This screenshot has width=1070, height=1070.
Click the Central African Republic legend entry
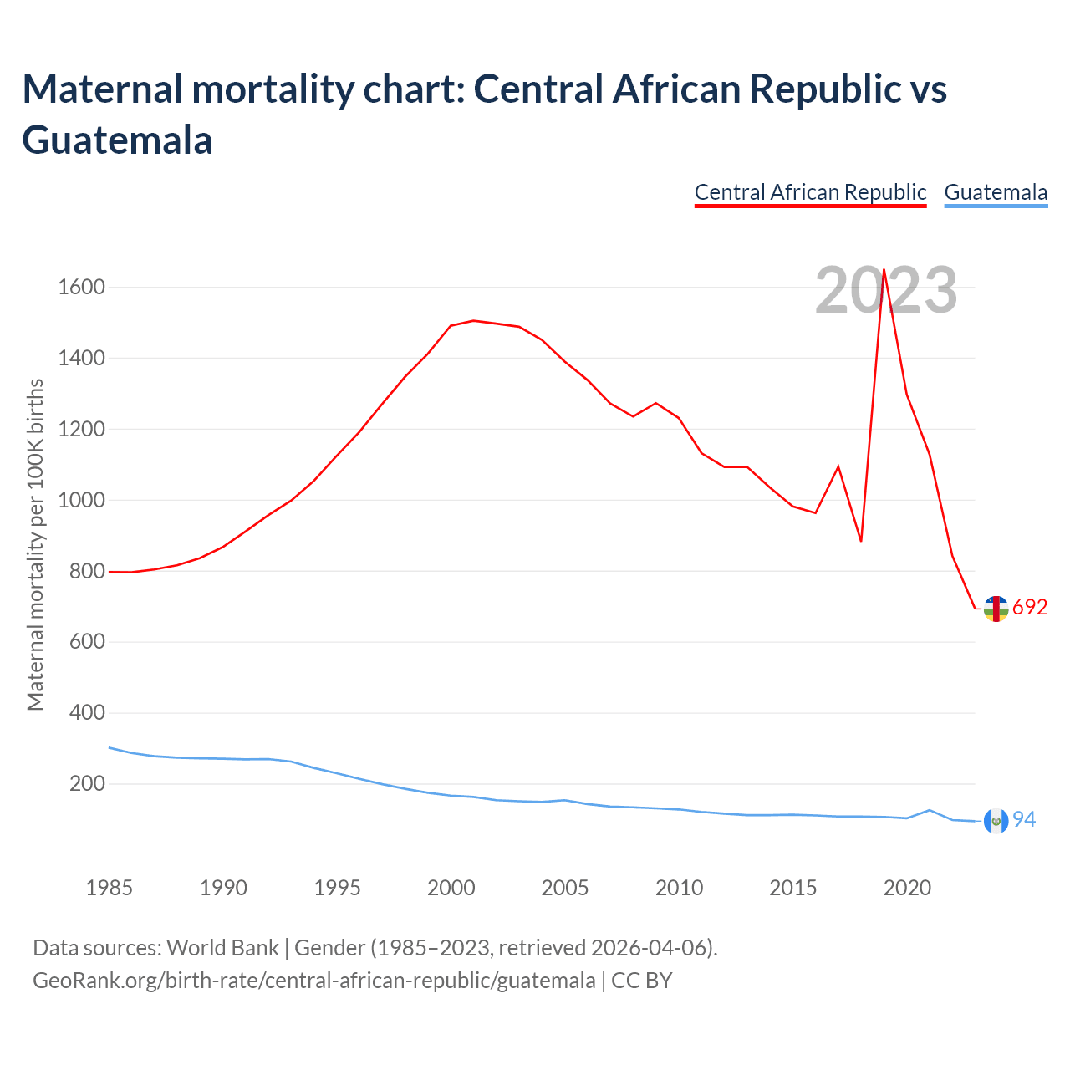pos(810,192)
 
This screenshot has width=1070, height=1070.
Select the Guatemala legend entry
pos(996,192)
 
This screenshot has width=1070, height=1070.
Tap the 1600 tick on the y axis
pos(81,288)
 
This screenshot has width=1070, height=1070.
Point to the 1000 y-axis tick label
pos(81,500)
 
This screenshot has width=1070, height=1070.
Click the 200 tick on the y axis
pos(88,784)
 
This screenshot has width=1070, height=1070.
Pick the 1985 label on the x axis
pos(110,888)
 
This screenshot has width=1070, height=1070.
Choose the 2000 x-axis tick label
pos(451,888)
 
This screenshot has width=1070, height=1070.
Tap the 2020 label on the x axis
pos(907,888)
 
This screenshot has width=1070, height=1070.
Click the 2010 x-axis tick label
pos(679,888)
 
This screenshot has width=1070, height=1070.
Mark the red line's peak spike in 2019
pos(884,270)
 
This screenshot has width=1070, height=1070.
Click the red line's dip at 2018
pos(861,541)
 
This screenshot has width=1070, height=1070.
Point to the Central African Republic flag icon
pos(996,609)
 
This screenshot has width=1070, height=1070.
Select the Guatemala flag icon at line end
pos(996,821)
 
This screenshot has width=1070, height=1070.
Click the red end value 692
pos(1030,608)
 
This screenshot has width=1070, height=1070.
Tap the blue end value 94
pos(1024,820)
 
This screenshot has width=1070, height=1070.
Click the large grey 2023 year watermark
pos(886,290)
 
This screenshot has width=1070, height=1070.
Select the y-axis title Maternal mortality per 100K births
pos(35,545)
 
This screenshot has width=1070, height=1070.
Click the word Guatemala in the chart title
pos(117,140)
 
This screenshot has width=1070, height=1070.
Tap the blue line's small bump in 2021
pos(930,810)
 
